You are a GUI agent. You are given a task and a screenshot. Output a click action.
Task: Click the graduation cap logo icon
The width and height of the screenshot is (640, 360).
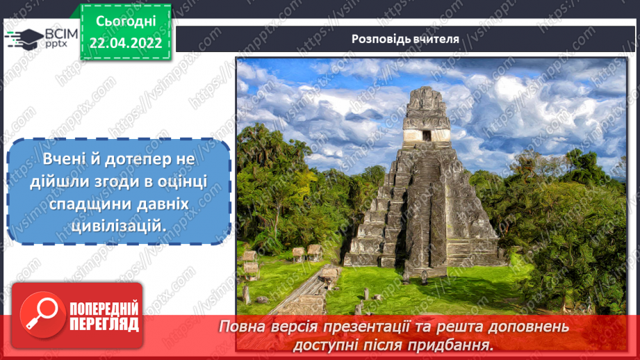click(x=24, y=38)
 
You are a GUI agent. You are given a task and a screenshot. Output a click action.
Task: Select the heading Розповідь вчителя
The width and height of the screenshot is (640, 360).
click(x=405, y=39)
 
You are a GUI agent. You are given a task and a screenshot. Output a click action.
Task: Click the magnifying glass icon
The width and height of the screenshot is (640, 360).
click(x=39, y=316)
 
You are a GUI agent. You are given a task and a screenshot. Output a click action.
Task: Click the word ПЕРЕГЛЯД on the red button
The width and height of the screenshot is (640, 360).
click(x=104, y=323)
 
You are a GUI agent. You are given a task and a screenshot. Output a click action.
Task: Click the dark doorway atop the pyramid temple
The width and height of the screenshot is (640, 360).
click(x=426, y=136)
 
